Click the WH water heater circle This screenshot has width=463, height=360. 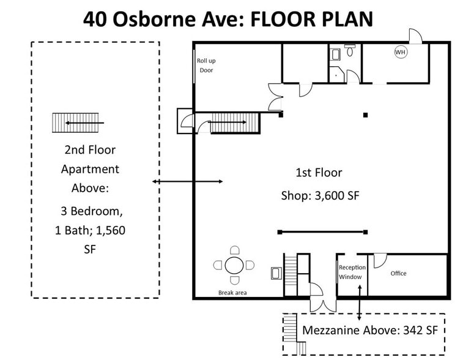tap(400, 53)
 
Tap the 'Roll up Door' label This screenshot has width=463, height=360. tap(206, 66)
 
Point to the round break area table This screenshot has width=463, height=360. tap(234, 265)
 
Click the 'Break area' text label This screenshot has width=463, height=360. tap(232, 293)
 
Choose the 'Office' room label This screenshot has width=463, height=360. tap(398, 273)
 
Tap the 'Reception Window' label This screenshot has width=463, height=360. tap(352, 272)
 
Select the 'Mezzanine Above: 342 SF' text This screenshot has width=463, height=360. tap(370, 330)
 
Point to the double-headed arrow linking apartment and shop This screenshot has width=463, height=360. tap(187, 181)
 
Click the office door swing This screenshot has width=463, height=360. tap(380, 260)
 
